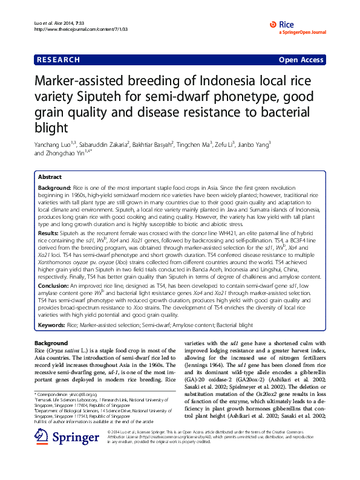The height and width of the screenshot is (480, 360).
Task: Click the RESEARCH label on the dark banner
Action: click(59, 60)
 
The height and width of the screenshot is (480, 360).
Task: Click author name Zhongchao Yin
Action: click(67, 153)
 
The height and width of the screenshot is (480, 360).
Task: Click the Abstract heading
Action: click(50, 177)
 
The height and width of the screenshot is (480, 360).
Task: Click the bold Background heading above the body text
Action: click(51, 343)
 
